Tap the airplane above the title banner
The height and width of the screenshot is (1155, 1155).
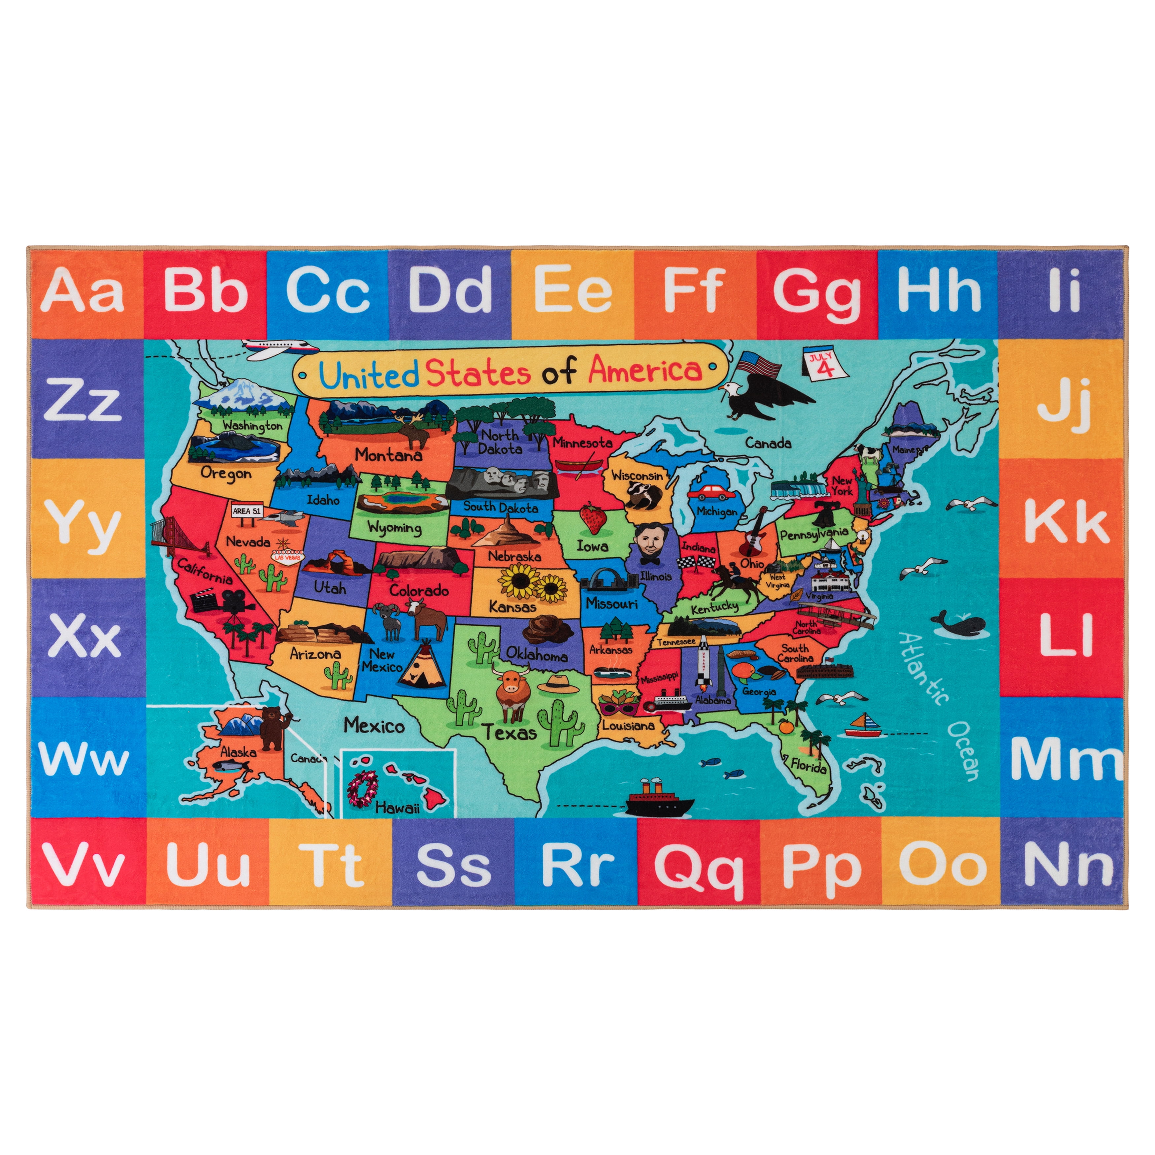click(277, 348)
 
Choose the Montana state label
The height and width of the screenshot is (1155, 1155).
click(389, 455)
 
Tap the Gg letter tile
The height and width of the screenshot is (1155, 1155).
click(817, 293)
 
